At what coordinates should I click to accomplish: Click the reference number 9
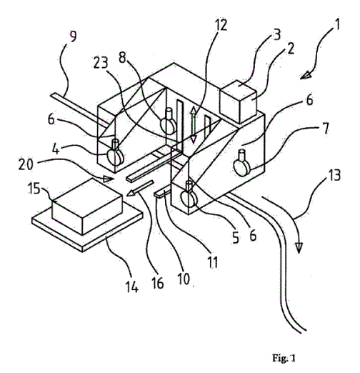pos(72,36)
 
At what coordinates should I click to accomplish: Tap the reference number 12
pos(220,24)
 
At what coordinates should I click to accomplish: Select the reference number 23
pos(101,63)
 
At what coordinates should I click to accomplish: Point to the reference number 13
pos(334,175)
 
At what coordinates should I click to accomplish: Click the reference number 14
pos(131,287)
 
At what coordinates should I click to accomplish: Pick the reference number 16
pos(157,282)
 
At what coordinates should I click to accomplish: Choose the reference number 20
pos(26,164)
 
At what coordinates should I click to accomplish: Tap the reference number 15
pos(34,188)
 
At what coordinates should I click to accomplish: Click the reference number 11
pos(213,262)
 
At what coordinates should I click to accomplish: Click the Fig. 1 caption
pos(284,358)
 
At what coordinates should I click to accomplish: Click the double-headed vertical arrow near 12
pos(194,125)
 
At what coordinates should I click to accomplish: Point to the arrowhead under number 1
pos(306,75)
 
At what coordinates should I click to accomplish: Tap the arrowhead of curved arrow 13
pos(299,248)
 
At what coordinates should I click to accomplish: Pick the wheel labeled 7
pos(242,165)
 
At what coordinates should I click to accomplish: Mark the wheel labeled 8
pos(169,121)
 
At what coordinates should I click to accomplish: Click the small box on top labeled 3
pos(239,101)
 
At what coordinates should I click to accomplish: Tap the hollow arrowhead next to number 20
pos(109,179)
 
